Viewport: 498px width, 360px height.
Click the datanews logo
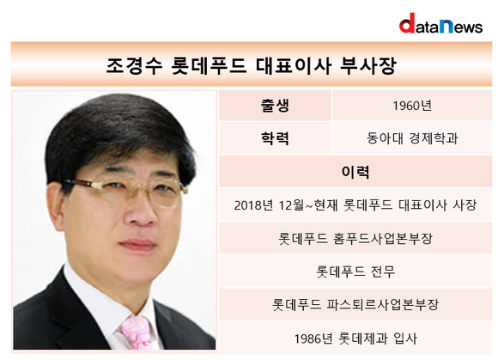(x=440, y=23)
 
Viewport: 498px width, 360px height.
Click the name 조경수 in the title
(x=134, y=66)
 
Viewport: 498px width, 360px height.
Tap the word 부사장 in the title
(x=367, y=66)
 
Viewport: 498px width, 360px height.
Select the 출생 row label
(x=275, y=106)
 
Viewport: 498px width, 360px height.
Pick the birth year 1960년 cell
(x=412, y=106)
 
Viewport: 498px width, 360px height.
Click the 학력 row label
(x=275, y=138)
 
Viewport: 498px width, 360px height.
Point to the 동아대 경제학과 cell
(x=412, y=138)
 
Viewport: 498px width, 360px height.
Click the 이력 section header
(x=355, y=172)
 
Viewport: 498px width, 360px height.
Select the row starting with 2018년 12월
(x=355, y=205)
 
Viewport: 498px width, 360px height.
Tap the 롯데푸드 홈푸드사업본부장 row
(x=355, y=238)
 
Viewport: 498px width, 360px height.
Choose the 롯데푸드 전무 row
(x=355, y=272)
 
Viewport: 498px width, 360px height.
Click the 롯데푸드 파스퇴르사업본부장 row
(x=355, y=305)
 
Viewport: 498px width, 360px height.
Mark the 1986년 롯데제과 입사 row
(x=355, y=338)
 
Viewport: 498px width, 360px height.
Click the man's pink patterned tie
(x=138, y=333)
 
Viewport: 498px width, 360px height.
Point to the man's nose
(x=140, y=211)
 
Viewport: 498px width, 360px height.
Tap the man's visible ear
(x=58, y=205)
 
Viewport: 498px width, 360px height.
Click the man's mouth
(x=137, y=244)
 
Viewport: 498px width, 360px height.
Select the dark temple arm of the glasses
(x=79, y=183)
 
